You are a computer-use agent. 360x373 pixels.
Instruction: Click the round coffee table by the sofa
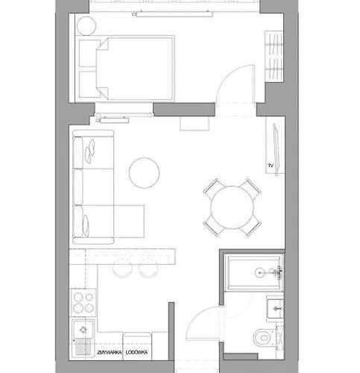pos(144,173)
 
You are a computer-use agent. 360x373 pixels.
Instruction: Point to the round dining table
pos(231,207)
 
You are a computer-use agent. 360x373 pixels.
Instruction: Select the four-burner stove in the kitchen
pos(83,303)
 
